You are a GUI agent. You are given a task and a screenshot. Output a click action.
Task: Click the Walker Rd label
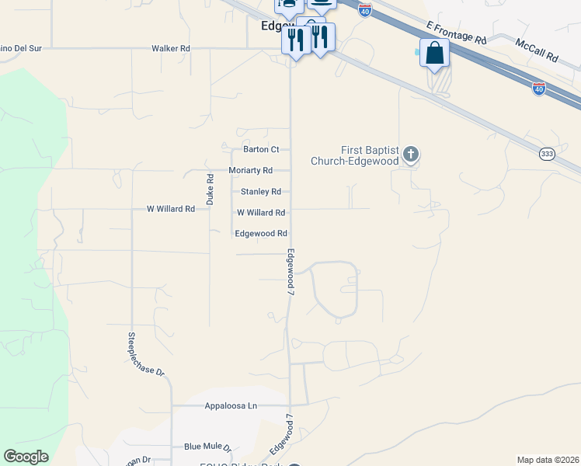click(171, 48)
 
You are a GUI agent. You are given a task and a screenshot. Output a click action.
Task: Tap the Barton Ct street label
click(261, 149)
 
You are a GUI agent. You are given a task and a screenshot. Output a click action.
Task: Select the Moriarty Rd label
click(250, 170)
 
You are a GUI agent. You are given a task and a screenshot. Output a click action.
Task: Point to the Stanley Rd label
click(260, 191)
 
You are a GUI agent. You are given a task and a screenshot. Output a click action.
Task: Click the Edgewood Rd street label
click(261, 233)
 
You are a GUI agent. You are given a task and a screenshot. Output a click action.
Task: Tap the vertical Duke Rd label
click(210, 189)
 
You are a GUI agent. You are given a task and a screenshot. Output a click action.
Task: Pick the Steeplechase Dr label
click(146, 355)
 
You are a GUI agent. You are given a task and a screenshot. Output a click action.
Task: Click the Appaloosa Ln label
click(231, 405)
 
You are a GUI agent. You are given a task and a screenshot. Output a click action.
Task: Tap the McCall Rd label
click(537, 51)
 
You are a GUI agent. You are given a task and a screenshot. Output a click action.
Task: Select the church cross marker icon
click(411, 155)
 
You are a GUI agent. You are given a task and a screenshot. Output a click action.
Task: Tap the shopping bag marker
click(435, 54)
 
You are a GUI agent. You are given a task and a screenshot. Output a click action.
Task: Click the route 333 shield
click(548, 155)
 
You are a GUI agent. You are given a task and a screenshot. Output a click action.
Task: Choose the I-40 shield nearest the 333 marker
click(538, 89)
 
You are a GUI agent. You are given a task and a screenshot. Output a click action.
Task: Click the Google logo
click(26, 457)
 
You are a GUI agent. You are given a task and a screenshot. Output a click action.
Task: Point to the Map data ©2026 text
click(548, 459)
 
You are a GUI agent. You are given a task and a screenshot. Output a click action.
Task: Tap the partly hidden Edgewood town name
click(276, 26)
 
